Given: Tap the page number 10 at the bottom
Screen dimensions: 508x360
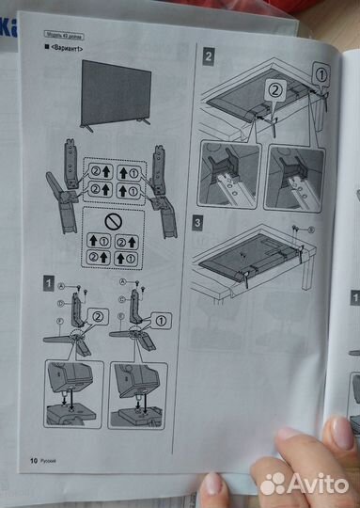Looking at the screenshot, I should (34, 460).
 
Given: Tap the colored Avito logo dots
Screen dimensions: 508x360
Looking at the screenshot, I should (271, 484).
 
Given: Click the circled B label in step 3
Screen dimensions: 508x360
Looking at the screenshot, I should (311, 230).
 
